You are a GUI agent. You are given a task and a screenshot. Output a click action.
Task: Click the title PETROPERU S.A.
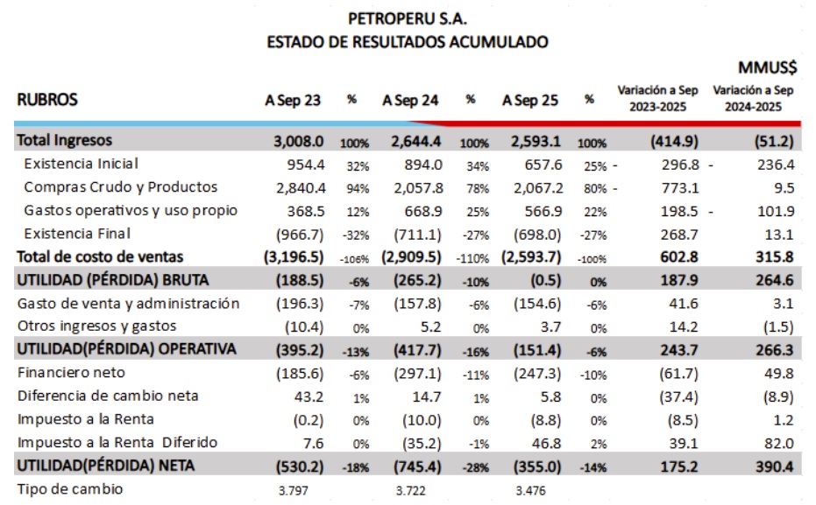408,18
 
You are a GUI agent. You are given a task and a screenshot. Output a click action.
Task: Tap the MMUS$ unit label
767,67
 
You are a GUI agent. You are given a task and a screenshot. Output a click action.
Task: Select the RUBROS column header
47,99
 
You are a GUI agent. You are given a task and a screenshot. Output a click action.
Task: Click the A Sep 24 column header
410,100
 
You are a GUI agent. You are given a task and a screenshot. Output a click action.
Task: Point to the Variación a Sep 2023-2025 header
657,98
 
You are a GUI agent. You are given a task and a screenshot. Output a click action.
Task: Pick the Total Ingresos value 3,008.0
299,141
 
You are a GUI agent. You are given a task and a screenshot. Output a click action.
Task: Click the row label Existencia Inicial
82,164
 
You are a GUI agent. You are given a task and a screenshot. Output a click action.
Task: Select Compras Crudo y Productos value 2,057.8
418,188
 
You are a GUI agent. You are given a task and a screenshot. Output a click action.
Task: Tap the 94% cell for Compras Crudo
358,188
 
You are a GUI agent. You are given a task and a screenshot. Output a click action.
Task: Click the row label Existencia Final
77,234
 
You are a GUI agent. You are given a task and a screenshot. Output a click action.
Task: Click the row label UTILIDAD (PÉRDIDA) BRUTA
113,280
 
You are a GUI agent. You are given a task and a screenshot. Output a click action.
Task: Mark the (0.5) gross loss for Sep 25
546,281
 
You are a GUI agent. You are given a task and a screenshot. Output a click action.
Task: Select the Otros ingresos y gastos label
96,326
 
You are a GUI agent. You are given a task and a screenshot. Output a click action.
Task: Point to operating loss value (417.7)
417,350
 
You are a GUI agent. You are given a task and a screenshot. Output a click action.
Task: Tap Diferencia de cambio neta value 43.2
309,397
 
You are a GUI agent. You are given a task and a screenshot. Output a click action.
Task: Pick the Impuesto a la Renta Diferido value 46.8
546,443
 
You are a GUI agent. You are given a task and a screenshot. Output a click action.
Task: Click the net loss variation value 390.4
775,466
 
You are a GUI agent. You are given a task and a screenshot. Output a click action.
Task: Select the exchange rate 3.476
531,490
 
